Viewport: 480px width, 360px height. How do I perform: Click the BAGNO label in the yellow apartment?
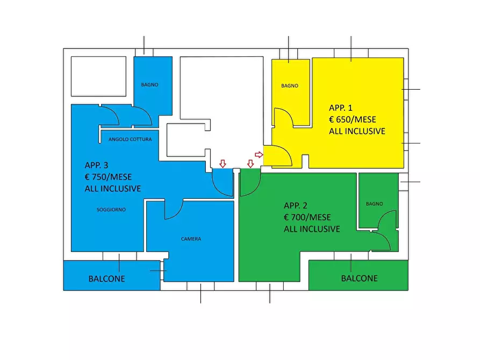(x=290, y=86)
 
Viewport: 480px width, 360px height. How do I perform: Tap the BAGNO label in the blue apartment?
(x=149, y=85)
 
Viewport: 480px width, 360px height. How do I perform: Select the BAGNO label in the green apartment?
(x=375, y=204)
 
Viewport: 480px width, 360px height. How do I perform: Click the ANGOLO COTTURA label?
(x=130, y=139)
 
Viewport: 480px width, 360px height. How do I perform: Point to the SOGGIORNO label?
(x=111, y=210)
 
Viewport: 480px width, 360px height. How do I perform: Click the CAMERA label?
(x=191, y=239)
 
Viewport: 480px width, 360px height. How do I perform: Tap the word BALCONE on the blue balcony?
(x=106, y=279)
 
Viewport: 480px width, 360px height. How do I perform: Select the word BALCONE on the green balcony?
(x=360, y=278)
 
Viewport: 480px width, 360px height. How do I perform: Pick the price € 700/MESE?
(x=307, y=218)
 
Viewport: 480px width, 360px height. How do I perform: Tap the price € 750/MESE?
(x=109, y=177)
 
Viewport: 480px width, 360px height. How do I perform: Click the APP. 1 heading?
(x=341, y=108)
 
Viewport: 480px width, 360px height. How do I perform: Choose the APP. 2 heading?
(x=296, y=205)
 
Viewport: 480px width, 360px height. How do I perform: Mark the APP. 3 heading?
(x=96, y=165)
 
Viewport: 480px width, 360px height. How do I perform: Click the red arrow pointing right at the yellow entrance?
(x=259, y=155)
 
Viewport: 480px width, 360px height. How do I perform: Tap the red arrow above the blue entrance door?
(x=223, y=163)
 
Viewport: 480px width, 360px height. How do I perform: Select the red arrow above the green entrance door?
(x=250, y=164)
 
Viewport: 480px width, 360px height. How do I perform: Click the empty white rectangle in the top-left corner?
(x=98, y=76)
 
